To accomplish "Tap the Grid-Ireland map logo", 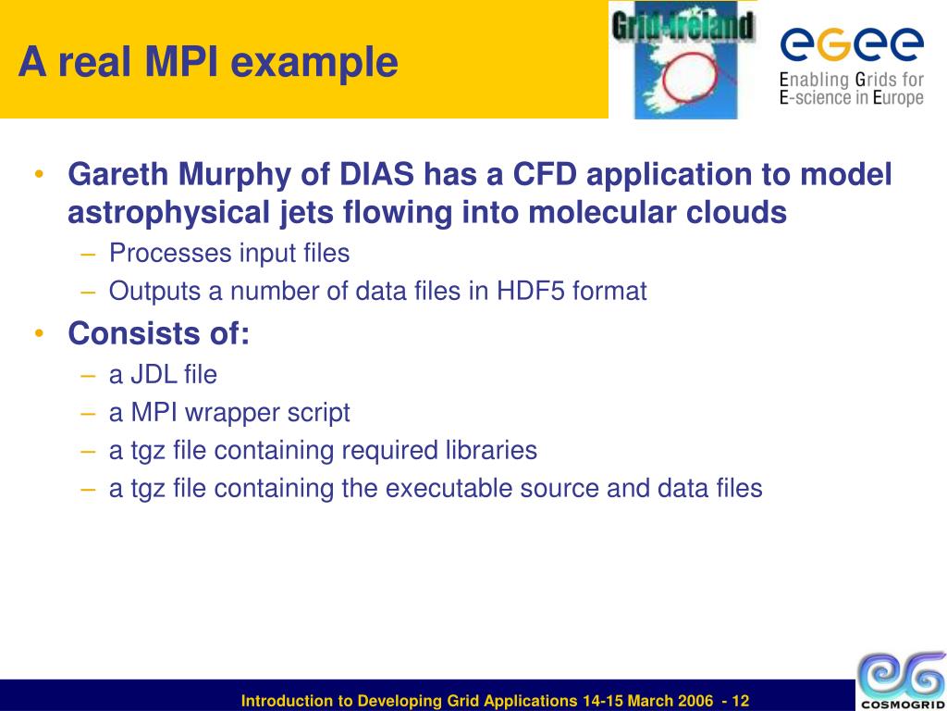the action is [x=683, y=60].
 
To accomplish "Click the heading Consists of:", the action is [x=158, y=332].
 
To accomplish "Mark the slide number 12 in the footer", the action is [x=740, y=701].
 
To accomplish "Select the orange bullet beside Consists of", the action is [x=39, y=333].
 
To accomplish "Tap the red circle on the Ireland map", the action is [x=689, y=76].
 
